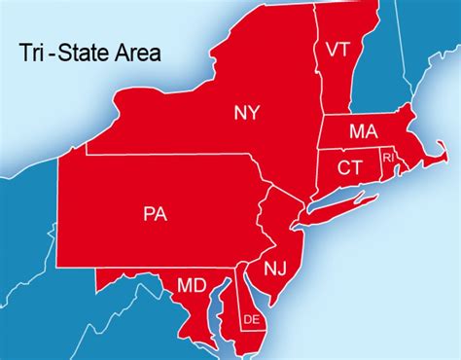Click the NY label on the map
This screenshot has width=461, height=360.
pyautogui.click(x=247, y=113)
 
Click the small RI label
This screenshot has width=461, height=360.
pyautogui.click(x=387, y=155)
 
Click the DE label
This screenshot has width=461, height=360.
pyautogui.click(x=249, y=318)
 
